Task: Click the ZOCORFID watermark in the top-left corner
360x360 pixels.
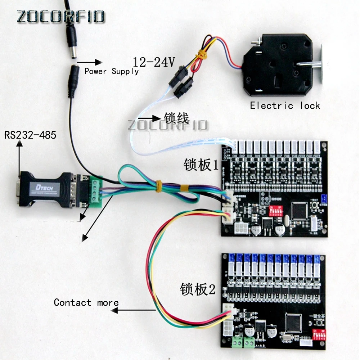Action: (x=60, y=16)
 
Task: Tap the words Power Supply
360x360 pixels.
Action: (x=111, y=71)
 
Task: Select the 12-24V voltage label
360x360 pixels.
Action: (x=154, y=62)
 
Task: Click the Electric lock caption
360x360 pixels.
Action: (x=285, y=105)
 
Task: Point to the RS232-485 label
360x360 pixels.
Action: (x=30, y=135)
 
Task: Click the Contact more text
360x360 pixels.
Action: (x=86, y=302)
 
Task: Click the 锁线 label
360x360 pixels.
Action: (x=176, y=118)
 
